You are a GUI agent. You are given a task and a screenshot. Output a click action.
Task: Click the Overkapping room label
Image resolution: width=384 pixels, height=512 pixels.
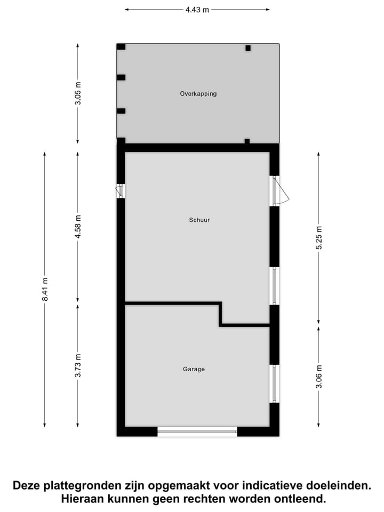pyautogui.click(x=198, y=94)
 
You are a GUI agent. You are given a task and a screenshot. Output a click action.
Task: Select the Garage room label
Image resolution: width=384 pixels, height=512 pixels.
pyautogui.click(x=194, y=369)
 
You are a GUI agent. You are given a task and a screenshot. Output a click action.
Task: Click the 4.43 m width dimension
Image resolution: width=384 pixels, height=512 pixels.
pyautogui.click(x=197, y=10)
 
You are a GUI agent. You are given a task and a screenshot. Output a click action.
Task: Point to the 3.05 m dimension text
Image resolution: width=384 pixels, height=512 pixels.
pyautogui.click(x=78, y=93)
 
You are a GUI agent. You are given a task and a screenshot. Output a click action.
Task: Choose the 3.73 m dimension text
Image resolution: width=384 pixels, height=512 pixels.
pyautogui.click(x=78, y=366)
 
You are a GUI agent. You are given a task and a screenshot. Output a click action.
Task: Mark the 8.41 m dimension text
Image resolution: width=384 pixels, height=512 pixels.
pyautogui.click(x=45, y=289)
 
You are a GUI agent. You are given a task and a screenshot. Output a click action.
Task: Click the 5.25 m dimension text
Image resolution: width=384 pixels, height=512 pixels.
pyautogui.click(x=319, y=238)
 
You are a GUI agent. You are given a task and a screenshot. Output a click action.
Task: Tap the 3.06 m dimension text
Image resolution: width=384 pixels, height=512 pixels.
pyautogui.click(x=319, y=377)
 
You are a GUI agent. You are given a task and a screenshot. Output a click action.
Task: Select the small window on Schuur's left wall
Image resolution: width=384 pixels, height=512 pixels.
pyautogui.click(x=121, y=191)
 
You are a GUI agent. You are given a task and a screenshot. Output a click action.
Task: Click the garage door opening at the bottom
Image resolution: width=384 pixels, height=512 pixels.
pyautogui.click(x=197, y=431)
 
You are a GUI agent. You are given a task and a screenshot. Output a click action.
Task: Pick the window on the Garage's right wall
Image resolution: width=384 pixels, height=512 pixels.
pyautogui.click(x=275, y=384)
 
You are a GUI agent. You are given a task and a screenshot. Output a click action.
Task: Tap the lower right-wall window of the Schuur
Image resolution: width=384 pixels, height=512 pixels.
pyautogui.click(x=275, y=286)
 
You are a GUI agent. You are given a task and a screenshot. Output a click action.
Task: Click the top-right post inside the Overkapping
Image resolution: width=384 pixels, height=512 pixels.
pyautogui.click(x=248, y=48)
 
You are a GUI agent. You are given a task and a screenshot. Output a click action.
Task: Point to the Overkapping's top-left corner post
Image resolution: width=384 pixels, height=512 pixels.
pyautogui.click(x=121, y=47)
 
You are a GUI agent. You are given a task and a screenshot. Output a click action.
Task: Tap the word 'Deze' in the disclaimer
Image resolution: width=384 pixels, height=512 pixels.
pyautogui.click(x=27, y=486)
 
